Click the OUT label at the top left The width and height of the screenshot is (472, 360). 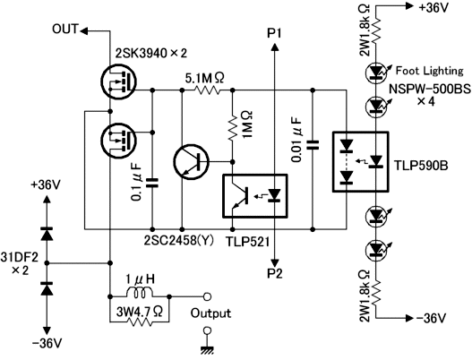point(65,30)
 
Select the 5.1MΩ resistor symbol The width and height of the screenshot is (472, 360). point(208,90)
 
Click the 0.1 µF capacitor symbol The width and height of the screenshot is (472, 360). point(152,183)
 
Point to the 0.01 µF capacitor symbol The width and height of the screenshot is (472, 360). point(313,145)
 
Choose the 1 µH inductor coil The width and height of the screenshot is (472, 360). point(140,292)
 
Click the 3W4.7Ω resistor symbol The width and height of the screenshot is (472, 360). point(140,322)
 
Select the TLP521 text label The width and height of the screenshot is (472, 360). point(248,242)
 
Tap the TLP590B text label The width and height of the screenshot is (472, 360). point(421,166)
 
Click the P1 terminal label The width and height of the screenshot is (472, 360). point(274,34)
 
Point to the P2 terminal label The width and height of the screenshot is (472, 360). point(275,274)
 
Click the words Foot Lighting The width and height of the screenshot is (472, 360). point(430,71)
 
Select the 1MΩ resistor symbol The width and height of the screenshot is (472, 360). point(232,126)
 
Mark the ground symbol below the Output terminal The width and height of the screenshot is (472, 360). point(207,350)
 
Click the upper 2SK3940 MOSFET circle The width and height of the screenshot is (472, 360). point(118,81)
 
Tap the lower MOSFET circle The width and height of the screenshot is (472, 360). point(118,141)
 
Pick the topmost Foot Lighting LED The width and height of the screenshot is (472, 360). point(375,72)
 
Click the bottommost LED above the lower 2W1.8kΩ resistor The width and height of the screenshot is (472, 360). point(375,249)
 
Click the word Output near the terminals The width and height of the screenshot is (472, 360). point(210,313)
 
